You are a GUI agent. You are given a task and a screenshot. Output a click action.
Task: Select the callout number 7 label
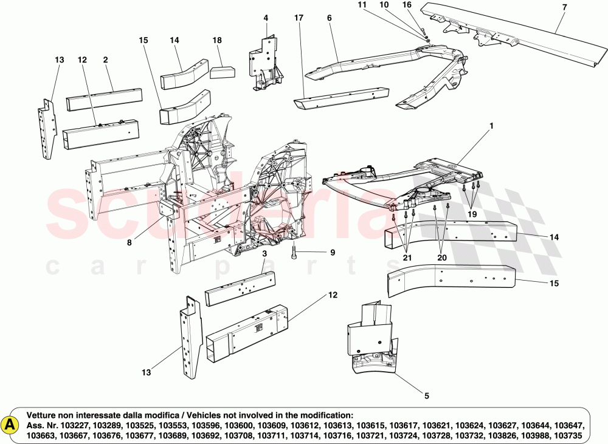pos(564,7)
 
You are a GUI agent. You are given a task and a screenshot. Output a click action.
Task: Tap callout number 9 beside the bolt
pos(333,253)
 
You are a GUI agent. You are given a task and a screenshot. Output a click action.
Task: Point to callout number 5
pos(426,396)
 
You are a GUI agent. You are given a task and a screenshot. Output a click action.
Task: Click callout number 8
pos(129,242)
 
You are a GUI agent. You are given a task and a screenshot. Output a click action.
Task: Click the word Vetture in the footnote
pos(44,414)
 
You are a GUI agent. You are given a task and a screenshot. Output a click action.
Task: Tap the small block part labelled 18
pos(223,72)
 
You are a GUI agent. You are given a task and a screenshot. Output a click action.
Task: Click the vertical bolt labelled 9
pos(294,253)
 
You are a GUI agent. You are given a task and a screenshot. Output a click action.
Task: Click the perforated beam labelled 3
pos(240,288)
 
